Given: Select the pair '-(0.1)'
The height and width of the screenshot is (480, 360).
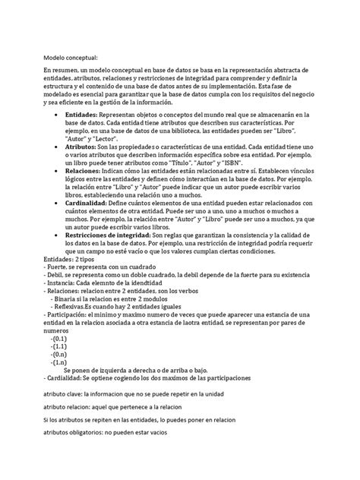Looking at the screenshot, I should point(61,340).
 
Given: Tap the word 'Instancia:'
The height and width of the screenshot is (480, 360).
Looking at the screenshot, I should point(63,281).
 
